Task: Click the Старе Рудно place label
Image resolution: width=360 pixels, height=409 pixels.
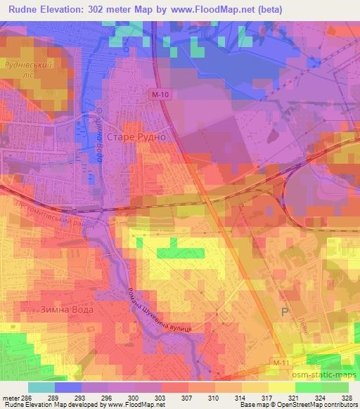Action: (x=136, y=137)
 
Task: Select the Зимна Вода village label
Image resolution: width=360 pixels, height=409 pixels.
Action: (x=68, y=309)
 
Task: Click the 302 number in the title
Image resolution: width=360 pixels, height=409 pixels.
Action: (x=114, y=9)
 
